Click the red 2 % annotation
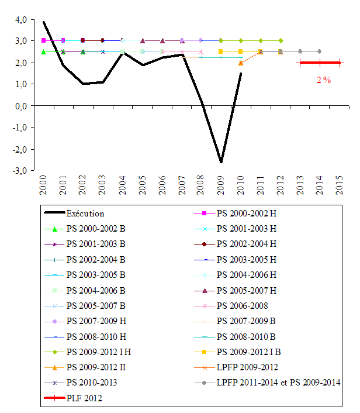323,80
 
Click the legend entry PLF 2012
86,398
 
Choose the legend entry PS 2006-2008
241,305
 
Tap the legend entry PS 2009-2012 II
98,367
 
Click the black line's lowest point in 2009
221,162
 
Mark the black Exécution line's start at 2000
44,22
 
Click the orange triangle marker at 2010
241,63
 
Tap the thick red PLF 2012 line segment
320,63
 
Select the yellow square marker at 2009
221,51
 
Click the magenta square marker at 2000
44,40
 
